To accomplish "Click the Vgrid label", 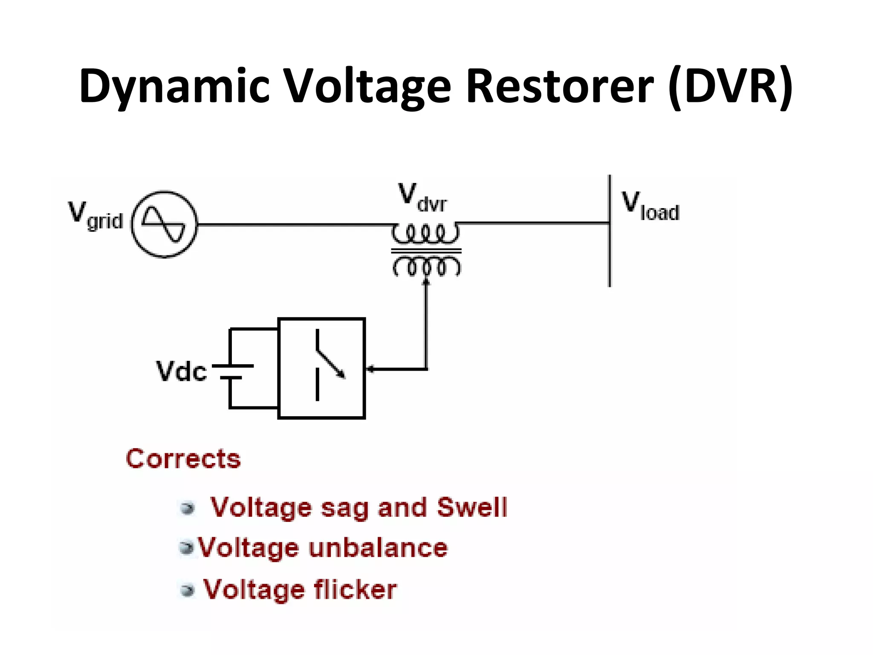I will pyautogui.click(x=95, y=216).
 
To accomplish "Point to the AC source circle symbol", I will pyautogui.click(x=164, y=224).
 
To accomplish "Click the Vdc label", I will pyautogui.click(x=182, y=371).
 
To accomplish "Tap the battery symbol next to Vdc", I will pyautogui.click(x=232, y=371).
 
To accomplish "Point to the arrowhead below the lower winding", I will pyautogui.click(x=426, y=281).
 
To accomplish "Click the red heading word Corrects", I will pyautogui.click(x=183, y=459).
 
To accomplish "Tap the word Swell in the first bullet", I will pyautogui.click(x=472, y=507).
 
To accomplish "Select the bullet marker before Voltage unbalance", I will pyautogui.click(x=186, y=548).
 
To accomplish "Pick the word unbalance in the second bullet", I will pyautogui.click(x=378, y=548).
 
